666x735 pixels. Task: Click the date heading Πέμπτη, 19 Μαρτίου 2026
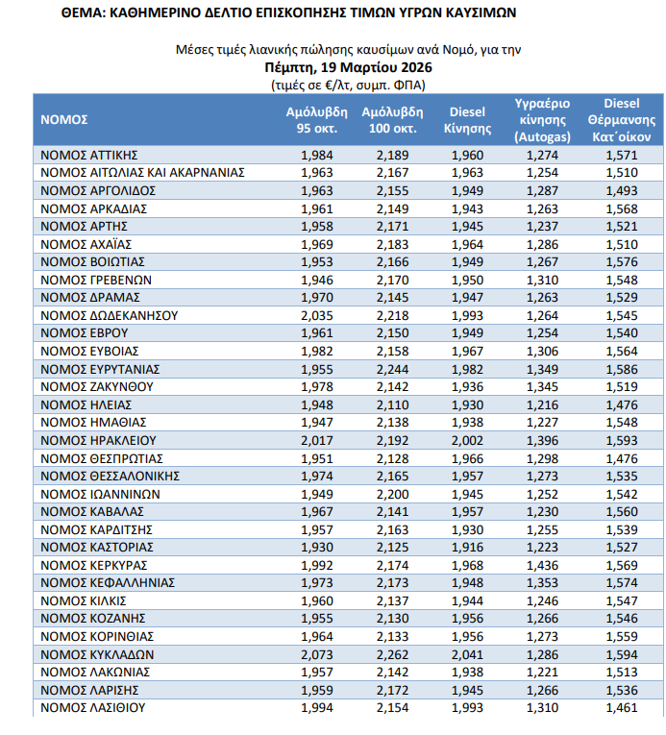click(349, 67)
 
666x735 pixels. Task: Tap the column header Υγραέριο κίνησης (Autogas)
click(544, 119)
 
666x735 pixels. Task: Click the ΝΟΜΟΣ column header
click(64, 119)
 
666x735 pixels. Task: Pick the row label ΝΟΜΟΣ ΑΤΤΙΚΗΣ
click(91, 155)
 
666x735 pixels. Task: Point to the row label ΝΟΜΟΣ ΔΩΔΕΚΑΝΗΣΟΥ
click(109, 315)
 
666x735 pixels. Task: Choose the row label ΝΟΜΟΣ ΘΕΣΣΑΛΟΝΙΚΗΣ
click(112, 476)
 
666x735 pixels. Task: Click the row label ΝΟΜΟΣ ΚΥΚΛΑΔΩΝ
click(97, 654)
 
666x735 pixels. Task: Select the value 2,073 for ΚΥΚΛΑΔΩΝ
click(316, 654)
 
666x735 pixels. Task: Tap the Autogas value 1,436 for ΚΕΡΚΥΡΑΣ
click(544, 565)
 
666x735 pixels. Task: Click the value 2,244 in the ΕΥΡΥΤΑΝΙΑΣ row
click(392, 369)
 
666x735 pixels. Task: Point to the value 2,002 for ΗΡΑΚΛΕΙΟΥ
click(468, 440)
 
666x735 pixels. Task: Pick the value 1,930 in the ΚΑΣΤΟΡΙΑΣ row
click(316, 547)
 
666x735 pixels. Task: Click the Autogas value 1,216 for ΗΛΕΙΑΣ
click(544, 404)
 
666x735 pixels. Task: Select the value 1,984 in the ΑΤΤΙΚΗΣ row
click(316, 155)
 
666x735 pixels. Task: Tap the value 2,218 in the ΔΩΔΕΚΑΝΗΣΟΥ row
click(392, 315)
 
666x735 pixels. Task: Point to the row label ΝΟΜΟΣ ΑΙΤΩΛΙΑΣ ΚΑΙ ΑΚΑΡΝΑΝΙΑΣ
click(143, 173)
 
